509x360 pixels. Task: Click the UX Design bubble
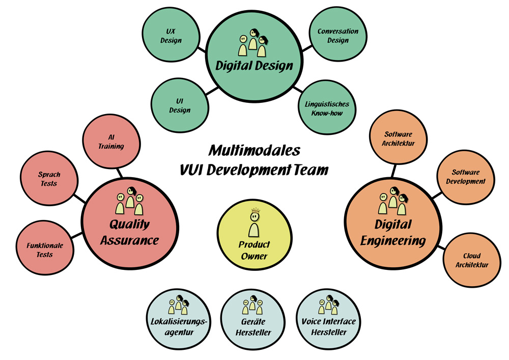click(x=171, y=36)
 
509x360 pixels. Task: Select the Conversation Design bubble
click(x=338, y=36)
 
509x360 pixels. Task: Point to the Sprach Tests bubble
click(x=49, y=179)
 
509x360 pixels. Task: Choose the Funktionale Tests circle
click(x=45, y=250)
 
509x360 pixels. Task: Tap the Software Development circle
click(x=465, y=177)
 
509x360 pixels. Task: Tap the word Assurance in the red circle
click(x=129, y=240)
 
